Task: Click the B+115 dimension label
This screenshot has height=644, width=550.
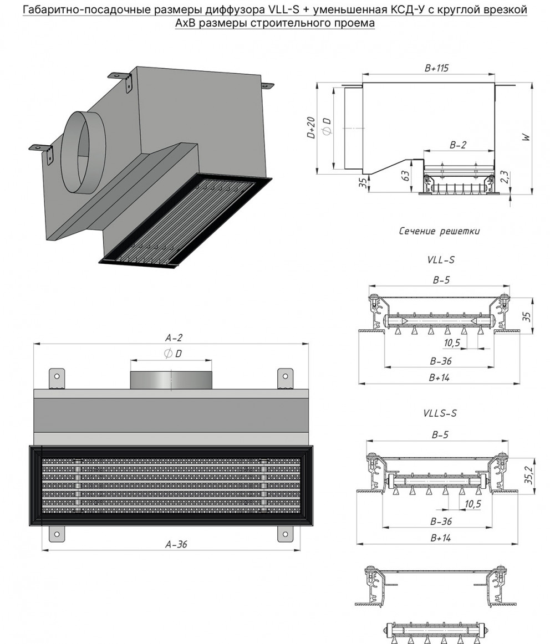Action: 436,68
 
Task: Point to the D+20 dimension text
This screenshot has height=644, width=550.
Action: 312,127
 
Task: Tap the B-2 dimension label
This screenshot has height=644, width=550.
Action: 457,145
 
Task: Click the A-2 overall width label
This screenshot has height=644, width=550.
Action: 174,338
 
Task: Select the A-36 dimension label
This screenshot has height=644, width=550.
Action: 176,544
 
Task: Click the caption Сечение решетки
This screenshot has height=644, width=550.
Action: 439,231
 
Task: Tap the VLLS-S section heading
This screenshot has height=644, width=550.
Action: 440,413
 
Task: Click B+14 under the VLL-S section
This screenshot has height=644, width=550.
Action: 439,377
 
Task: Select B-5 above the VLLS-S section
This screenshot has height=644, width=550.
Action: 441,435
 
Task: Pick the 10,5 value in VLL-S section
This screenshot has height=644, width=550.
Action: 452,343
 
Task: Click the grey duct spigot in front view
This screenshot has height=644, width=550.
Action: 170,380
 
